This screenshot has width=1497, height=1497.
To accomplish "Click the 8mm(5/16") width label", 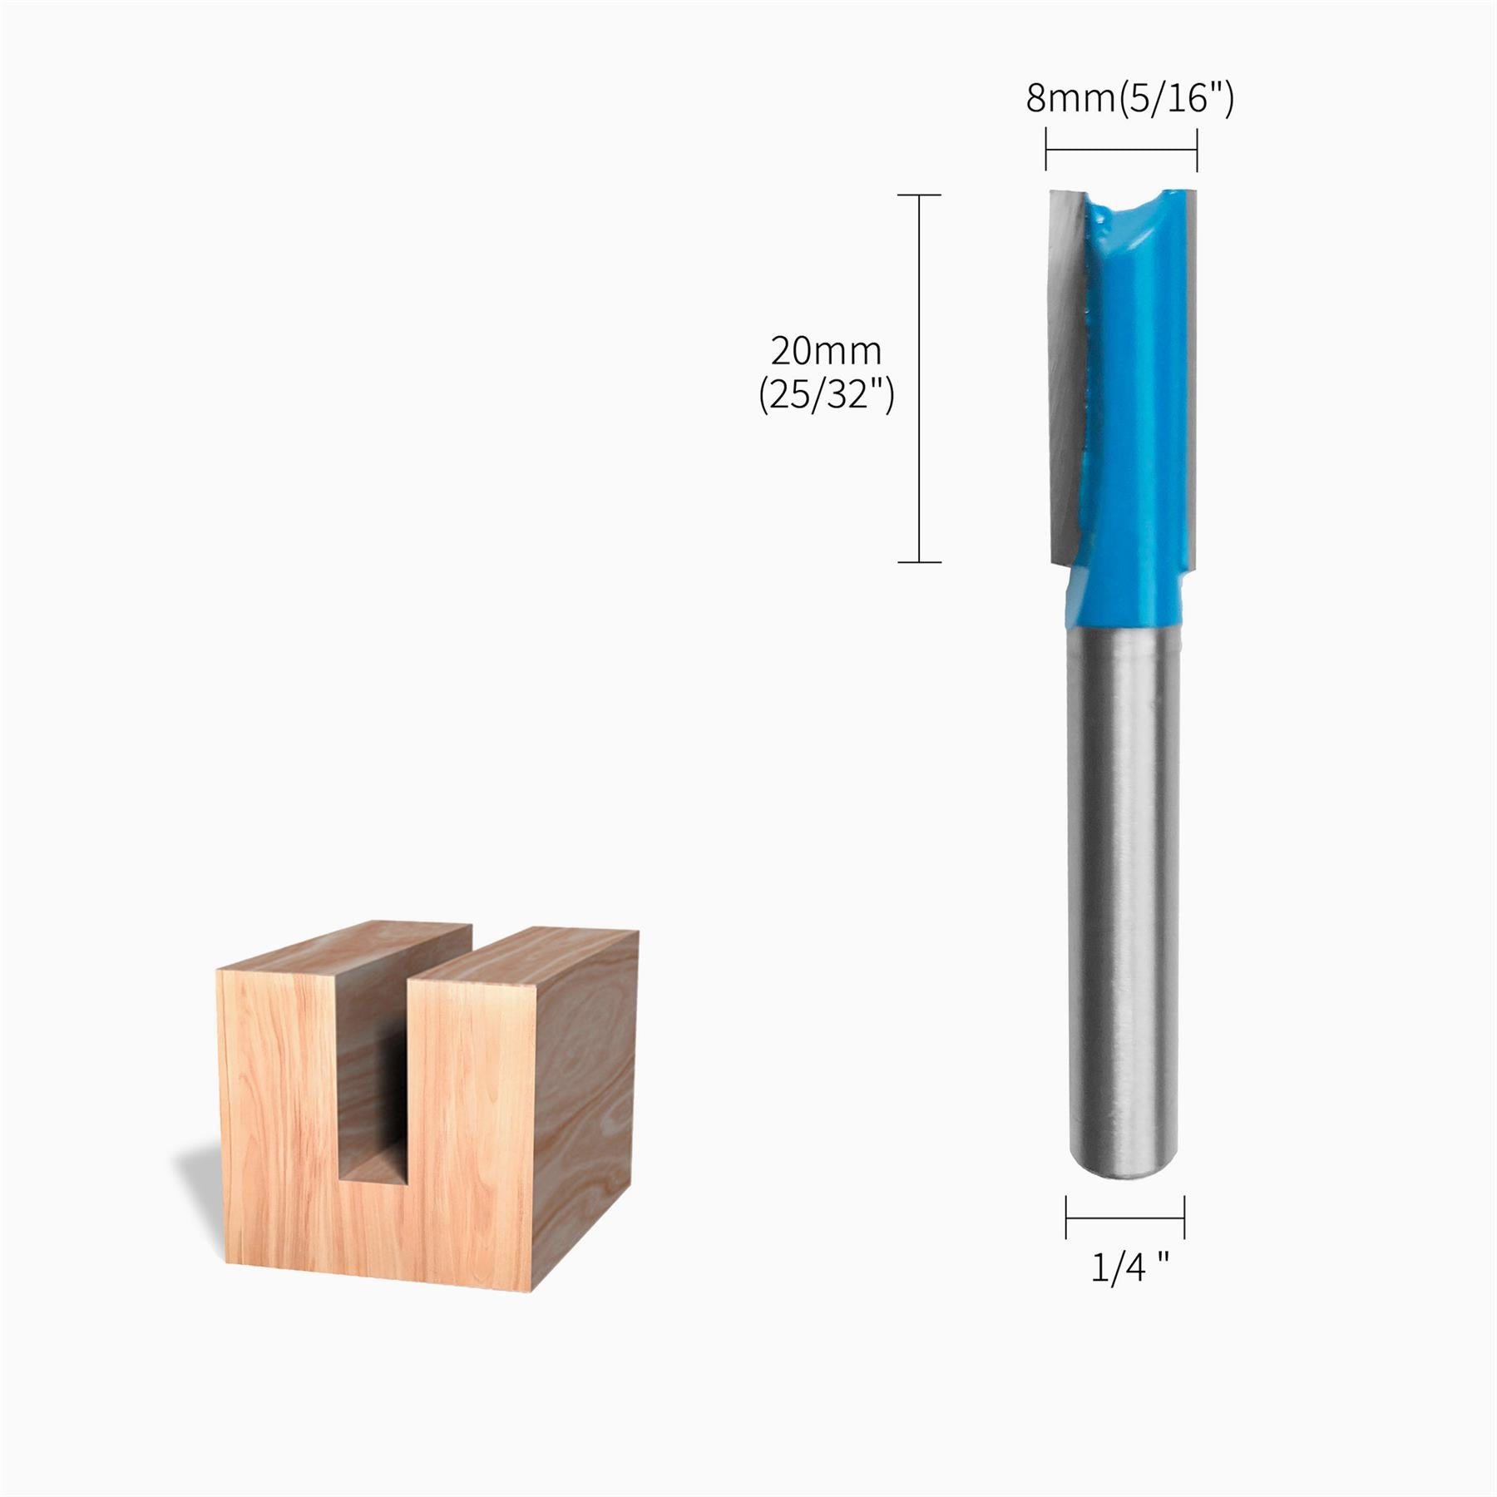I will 1129,99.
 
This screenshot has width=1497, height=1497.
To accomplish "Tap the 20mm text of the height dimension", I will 825,352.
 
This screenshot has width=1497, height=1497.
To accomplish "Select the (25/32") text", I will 825,395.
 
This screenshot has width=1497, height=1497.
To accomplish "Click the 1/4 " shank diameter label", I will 1129,1267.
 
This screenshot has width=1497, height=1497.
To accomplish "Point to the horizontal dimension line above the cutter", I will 1120,151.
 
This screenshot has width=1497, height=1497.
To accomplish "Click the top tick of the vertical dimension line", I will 919,195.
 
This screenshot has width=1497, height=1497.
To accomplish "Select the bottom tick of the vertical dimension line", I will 919,562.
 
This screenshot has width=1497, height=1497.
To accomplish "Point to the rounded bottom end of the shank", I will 1124,1168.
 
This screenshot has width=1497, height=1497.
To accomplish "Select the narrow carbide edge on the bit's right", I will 1191,374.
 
